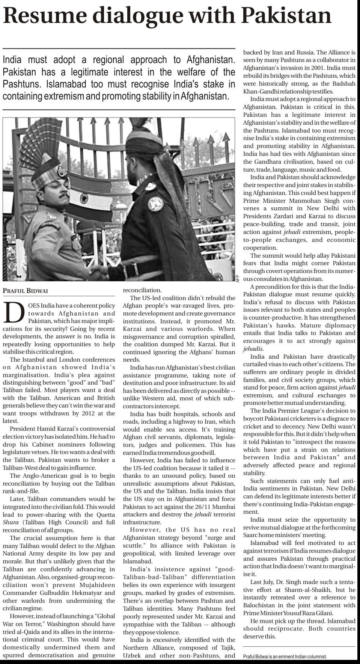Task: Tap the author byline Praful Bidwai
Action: click(26, 291)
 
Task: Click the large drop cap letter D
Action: click(14, 313)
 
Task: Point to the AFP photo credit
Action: click(238, 278)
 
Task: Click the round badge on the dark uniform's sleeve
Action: click(154, 203)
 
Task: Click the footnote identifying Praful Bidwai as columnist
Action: click(285, 656)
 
